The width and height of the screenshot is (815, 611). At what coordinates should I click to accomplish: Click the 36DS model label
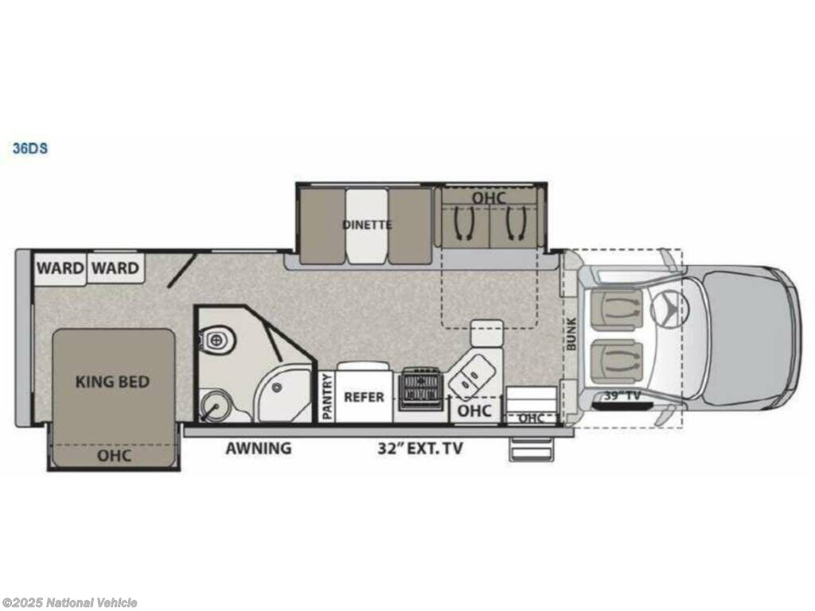point(30,148)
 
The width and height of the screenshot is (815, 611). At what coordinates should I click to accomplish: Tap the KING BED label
point(112,382)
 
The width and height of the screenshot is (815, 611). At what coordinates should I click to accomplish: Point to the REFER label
point(364,397)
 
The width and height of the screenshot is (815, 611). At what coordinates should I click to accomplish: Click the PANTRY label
point(327,396)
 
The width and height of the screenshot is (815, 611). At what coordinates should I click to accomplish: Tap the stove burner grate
point(422,389)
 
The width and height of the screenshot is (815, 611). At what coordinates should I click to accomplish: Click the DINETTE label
point(367,225)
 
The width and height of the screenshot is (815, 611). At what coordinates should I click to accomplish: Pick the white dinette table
point(367,226)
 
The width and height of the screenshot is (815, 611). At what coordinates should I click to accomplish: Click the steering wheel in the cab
point(669,309)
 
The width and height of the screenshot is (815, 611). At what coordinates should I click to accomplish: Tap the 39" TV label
point(622,396)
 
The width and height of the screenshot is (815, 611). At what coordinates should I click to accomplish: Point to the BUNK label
point(571,333)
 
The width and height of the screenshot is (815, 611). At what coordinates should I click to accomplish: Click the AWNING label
point(259,448)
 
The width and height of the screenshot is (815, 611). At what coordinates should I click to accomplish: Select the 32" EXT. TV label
point(420,449)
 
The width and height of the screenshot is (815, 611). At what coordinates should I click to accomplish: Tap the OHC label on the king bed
point(115,456)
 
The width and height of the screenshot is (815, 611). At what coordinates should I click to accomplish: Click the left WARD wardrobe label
point(60,268)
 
